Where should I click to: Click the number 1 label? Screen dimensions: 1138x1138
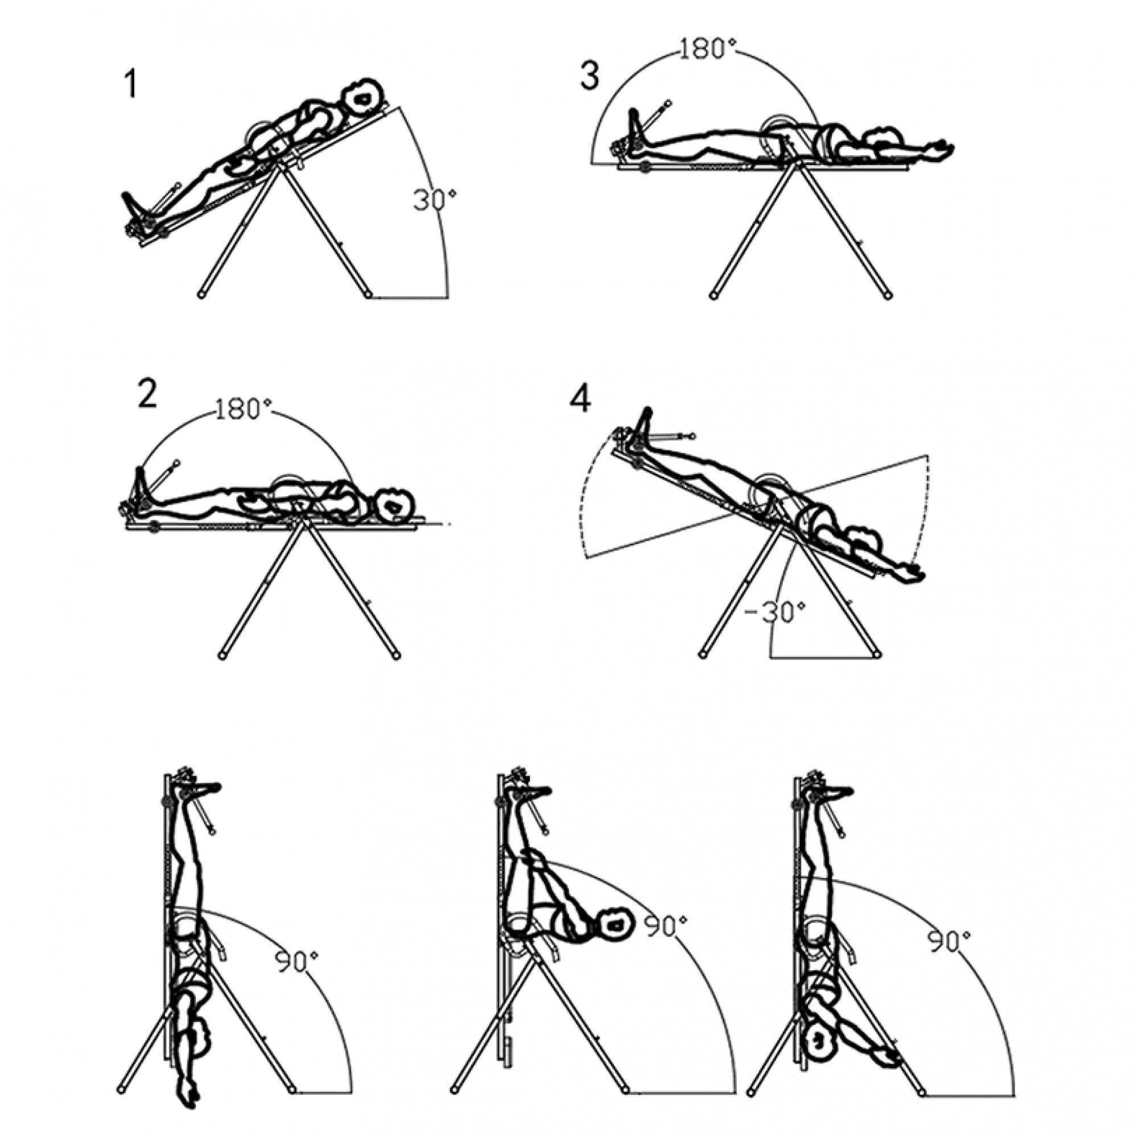[x=131, y=84]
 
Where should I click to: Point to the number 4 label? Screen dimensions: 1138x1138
[x=580, y=400]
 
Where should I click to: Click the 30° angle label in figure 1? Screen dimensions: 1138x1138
[x=435, y=200]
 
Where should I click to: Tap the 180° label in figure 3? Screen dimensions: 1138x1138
[x=707, y=49]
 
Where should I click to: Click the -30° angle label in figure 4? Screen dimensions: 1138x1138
[x=773, y=612]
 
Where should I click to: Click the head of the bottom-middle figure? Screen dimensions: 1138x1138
[x=615, y=926]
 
